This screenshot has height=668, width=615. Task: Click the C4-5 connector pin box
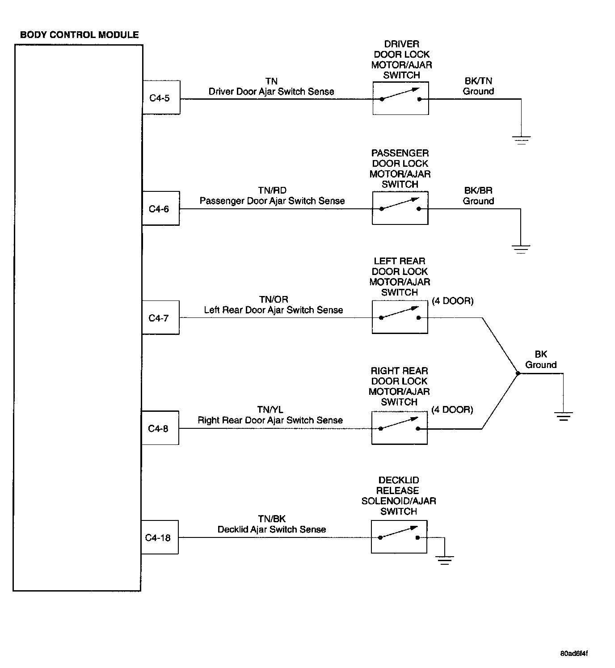(x=161, y=97)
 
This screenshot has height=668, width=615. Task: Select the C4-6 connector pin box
(x=160, y=208)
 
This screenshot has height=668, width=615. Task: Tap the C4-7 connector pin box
(x=160, y=318)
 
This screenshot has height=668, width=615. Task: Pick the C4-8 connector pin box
(x=160, y=428)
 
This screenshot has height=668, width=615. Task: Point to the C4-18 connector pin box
(x=159, y=537)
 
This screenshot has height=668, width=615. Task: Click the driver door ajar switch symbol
(x=400, y=98)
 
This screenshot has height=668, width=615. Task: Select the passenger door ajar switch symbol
(x=400, y=208)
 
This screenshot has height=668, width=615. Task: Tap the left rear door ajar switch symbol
(x=400, y=317)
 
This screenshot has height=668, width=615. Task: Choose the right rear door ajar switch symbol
(x=399, y=428)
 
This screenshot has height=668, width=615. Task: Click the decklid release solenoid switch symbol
(x=399, y=537)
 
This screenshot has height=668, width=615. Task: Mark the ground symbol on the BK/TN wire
(x=521, y=140)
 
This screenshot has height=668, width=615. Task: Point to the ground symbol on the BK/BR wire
(x=521, y=249)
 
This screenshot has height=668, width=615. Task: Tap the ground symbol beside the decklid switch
(x=444, y=560)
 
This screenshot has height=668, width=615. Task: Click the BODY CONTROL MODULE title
(x=80, y=35)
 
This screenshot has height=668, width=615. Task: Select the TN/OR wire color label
(x=274, y=300)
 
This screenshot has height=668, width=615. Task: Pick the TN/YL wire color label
(x=270, y=410)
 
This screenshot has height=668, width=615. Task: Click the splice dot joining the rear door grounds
(x=518, y=373)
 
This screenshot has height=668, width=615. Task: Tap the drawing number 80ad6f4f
(x=574, y=653)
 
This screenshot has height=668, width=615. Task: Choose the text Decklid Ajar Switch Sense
(x=272, y=529)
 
